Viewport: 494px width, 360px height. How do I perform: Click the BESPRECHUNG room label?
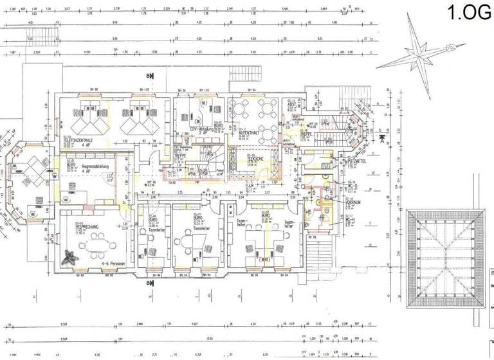click(87, 227)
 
